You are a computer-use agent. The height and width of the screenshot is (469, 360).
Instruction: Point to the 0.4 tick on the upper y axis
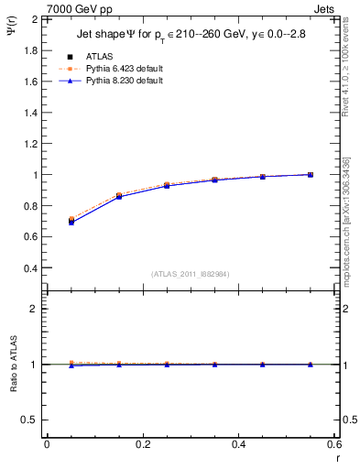[x=30, y=268]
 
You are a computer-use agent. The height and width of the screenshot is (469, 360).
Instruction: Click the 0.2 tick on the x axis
[x=142, y=444]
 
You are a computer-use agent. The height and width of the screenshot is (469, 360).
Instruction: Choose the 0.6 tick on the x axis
[x=333, y=444]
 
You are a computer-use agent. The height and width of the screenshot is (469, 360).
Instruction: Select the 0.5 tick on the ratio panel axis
[x=30, y=420]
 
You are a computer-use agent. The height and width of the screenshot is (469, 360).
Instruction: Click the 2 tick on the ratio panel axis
[x=35, y=309]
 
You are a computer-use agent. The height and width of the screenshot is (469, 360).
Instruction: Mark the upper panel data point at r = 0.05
[x=71, y=221]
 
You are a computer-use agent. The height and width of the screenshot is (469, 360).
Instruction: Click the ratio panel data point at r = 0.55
[x=311, y=365]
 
